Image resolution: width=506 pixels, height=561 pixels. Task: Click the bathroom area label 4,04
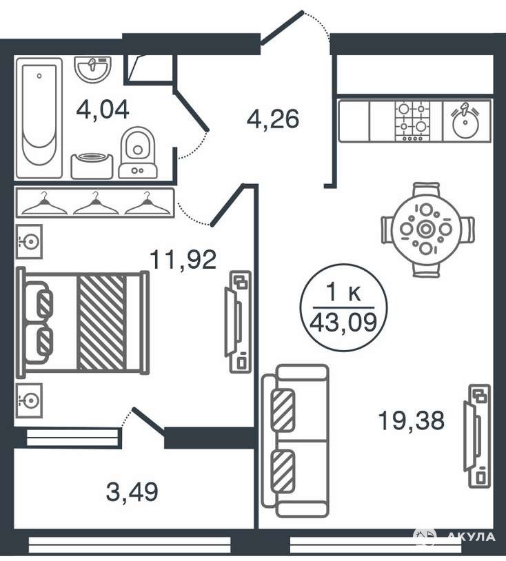(102, 110)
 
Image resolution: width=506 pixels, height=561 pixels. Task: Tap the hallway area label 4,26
(273, 119)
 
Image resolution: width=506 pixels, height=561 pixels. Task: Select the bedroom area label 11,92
(183, 259)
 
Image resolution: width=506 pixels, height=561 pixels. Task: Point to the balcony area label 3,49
(132, 492)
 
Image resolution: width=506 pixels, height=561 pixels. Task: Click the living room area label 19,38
(411, 420)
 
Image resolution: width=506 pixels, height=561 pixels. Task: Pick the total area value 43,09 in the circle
(343, 322)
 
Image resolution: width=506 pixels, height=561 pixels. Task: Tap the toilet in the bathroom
(138, 153)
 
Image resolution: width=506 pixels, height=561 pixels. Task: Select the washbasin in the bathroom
(93, 70)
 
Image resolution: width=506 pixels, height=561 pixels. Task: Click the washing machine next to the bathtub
(92, 166)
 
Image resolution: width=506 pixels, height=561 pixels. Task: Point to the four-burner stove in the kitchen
(412, 121)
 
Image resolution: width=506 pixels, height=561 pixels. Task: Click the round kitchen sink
(465, 121)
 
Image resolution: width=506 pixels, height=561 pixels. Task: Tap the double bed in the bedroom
(82, 323)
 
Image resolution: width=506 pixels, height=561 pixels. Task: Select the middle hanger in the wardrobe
(96, 203)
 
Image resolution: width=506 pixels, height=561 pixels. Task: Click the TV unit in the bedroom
(238, 322)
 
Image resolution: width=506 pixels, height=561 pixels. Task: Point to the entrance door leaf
(282, 28)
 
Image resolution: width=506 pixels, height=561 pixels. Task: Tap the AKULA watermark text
(472, 537)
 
